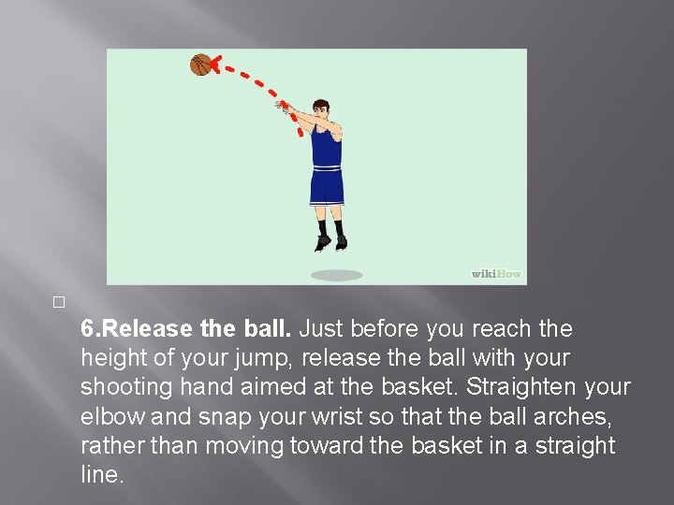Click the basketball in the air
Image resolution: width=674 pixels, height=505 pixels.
coord(201,65)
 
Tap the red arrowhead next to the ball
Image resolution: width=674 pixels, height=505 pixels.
coord(217,65)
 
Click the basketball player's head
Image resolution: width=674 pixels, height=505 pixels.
coord(320,109)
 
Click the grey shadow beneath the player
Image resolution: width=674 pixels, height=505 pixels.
coord(336,275)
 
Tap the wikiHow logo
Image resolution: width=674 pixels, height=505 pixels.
coord(495,274)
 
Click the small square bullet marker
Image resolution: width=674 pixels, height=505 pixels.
coord(58,303)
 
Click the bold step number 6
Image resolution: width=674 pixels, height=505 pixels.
coord(87,329)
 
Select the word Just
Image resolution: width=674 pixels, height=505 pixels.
coord(322,329)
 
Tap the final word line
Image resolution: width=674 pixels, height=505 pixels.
coord(100,475)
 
